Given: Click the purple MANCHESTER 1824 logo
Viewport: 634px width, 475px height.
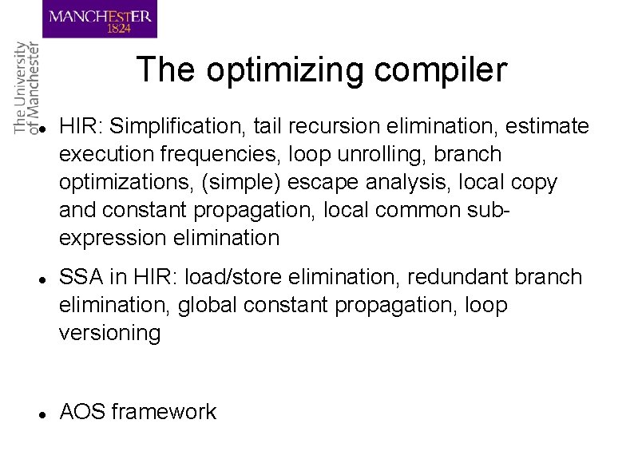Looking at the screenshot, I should (100, 19).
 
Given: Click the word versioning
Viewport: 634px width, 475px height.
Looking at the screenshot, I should (109, 333).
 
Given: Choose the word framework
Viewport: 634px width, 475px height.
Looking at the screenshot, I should (164, 412).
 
